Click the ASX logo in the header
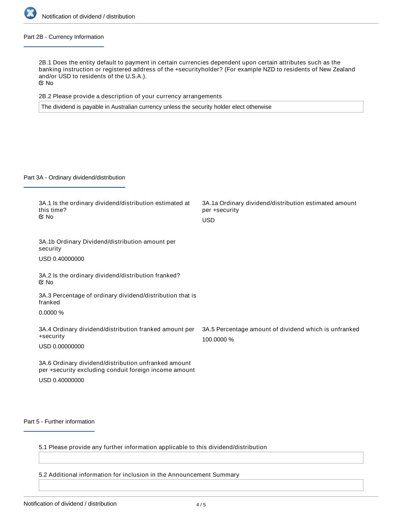(x=30, y=13)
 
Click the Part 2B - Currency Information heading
(x=64, y=37)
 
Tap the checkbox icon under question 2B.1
(x=41, y=83)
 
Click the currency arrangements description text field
(x=201, y=107)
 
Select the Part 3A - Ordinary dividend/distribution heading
(x=74, y=178)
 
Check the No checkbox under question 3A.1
(x=41, y=217)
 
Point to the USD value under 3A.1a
(x=208, y=220)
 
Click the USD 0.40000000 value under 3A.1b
(x=61, y=259)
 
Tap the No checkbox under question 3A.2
(x=41, y=282)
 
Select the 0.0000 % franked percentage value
(x=51, y=312)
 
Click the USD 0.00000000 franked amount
(x=61, y=346)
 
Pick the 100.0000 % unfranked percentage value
(x=218, y=339)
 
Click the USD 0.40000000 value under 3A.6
(x=61, y=380)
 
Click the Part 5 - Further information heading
(x=59, y=421)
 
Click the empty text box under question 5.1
(x=201, y=458)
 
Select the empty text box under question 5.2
(x=201, y=485)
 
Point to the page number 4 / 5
(x=201, y=505)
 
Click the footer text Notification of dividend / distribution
(x=70, y=504)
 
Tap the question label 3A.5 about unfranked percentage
(x=280, y=329)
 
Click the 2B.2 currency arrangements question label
(x=130, y=96)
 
